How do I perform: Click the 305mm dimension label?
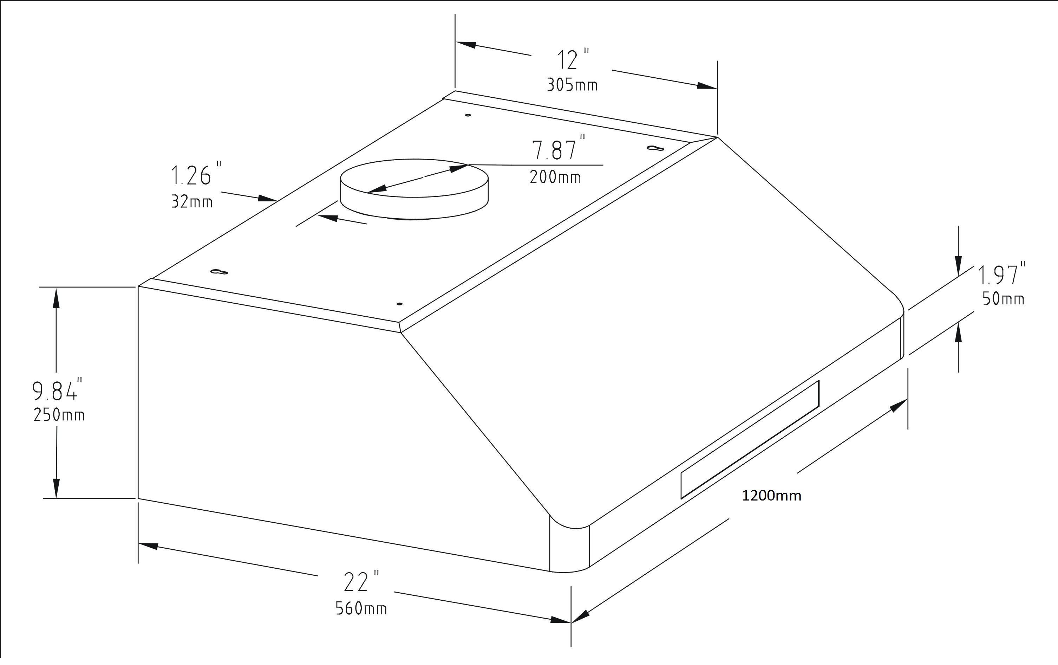572,85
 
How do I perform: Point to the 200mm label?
555,177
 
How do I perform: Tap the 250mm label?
59,415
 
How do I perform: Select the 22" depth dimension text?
360,581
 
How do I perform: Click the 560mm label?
361,609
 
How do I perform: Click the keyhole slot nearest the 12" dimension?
655,148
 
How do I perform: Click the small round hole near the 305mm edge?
468,115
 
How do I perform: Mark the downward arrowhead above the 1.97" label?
958,266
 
